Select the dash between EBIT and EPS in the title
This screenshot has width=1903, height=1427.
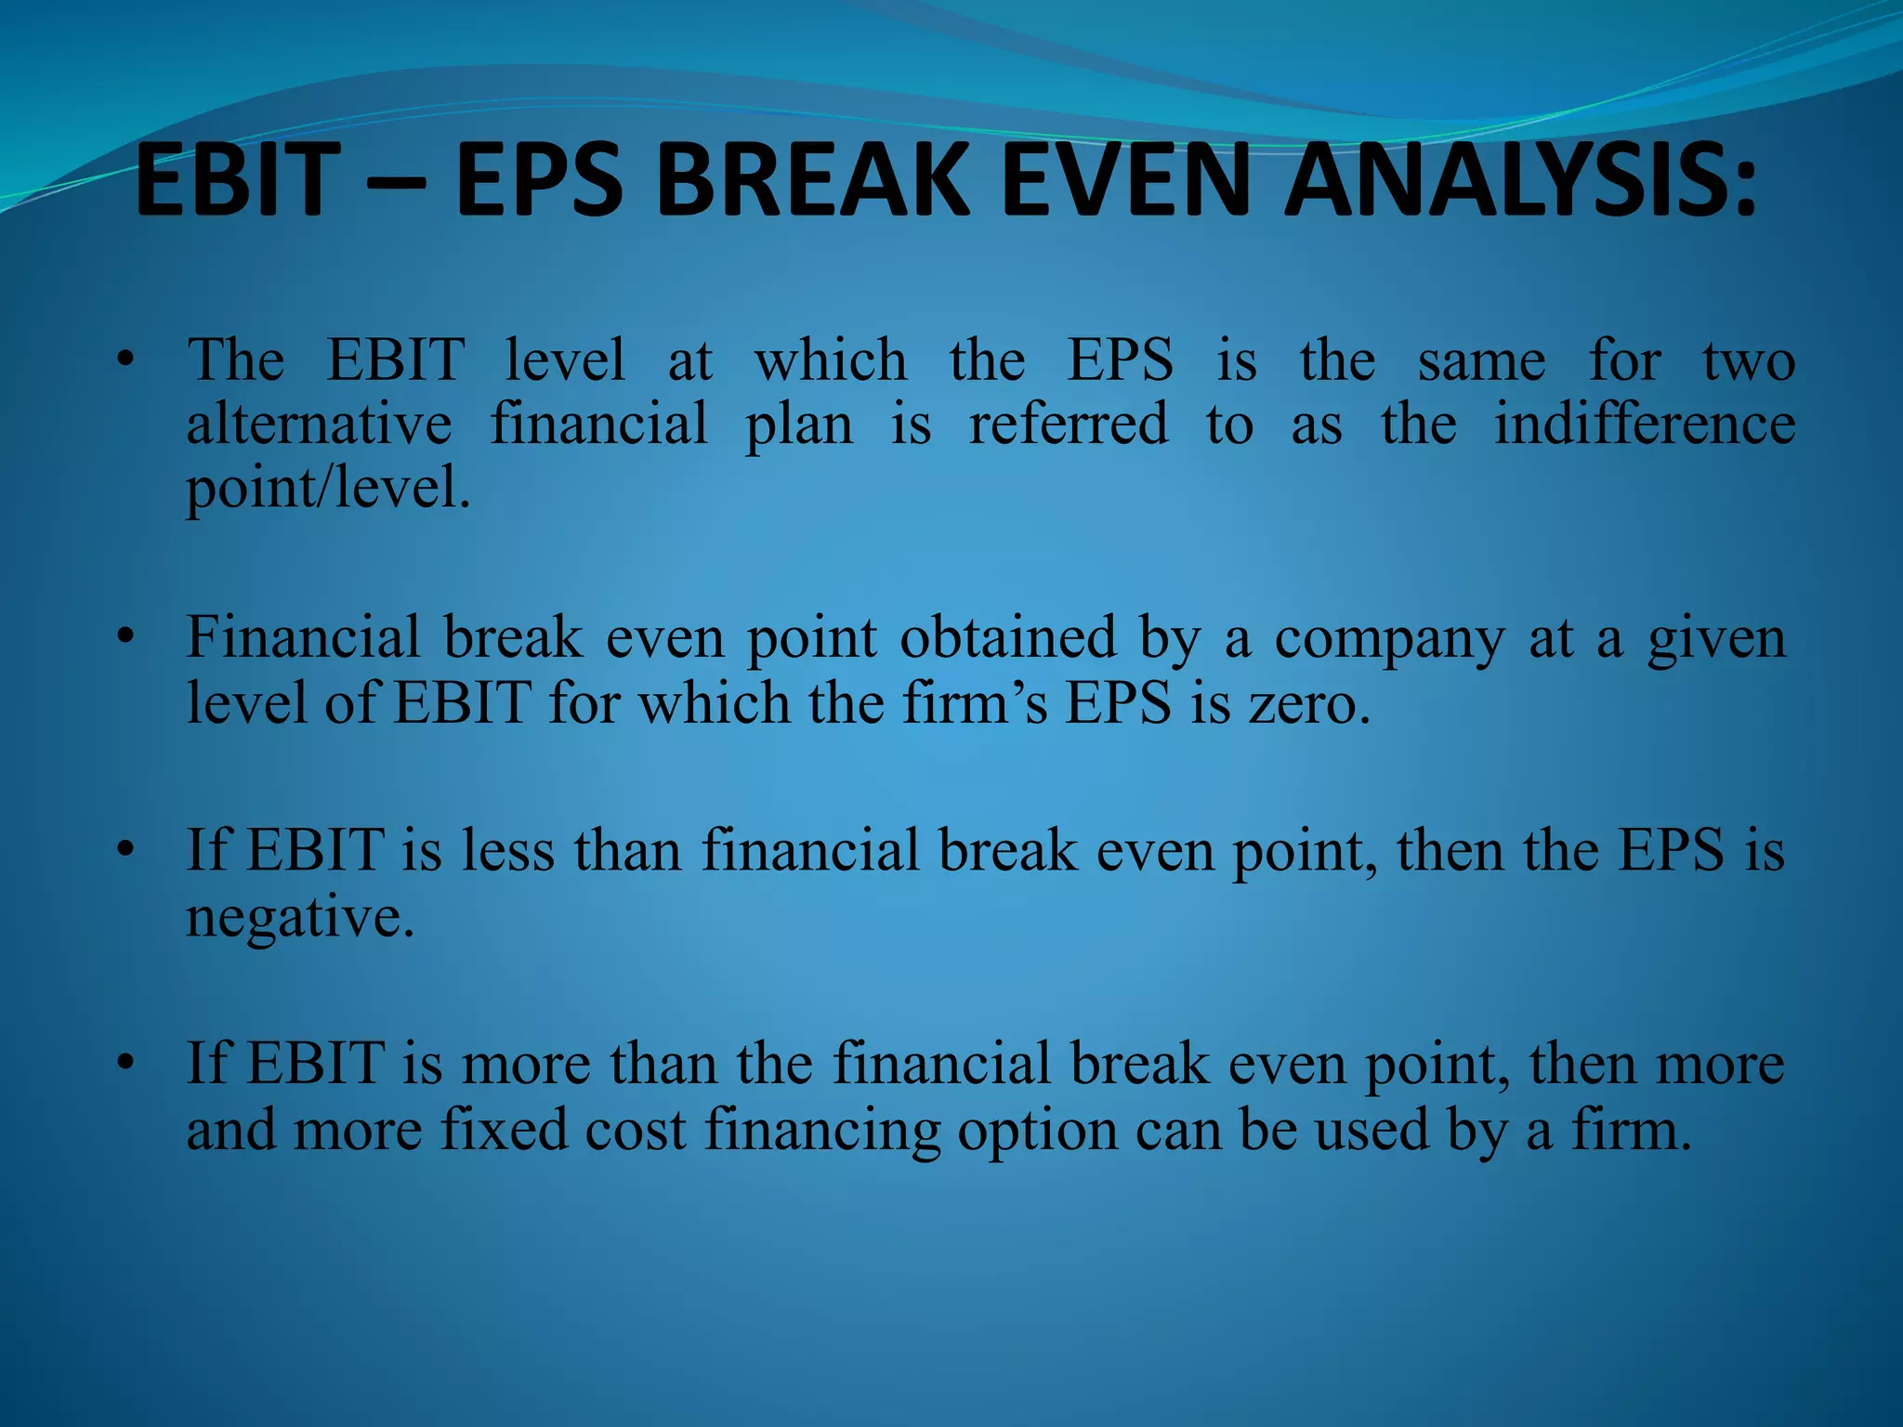tap(396, 181)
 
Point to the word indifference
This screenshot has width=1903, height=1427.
tap(1644, 425)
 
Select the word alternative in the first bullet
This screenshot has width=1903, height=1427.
tap(319, 425)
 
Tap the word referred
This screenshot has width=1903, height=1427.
tap(1068, 425)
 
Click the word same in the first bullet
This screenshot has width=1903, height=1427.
tap(1481, 361)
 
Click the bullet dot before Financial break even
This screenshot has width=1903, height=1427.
tap(126, 638)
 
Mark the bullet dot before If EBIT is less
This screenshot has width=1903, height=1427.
tap(126, 851)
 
